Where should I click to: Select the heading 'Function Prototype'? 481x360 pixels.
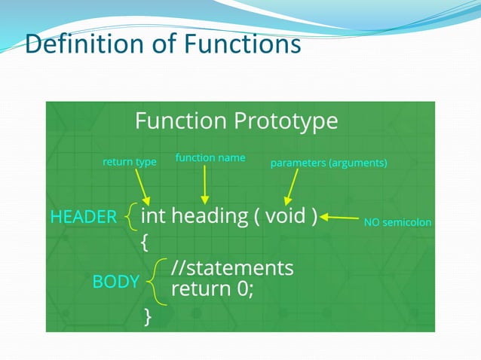click(x=236, y=121)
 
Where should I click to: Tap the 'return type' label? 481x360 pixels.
click(x=129, y=162)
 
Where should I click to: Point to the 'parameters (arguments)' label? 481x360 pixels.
click(x=329, y=163)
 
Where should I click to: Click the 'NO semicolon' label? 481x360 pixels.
click(x=397, y=221)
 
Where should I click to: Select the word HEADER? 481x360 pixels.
click(x=83, y=218)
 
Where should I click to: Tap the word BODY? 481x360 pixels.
click(x=115, y=282)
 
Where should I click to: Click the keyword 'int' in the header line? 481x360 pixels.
click(x=155, y=216)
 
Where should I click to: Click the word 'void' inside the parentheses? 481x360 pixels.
click(x=285, y=216)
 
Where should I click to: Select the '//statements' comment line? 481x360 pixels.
click(x=232, y=268)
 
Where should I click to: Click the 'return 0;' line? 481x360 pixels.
click(x=213, y=288)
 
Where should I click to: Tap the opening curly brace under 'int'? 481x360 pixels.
click(x=145, y=242)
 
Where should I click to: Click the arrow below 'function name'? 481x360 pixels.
click(x=204, y=185)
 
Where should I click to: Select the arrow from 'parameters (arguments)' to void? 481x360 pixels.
click(x=292, y=186)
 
